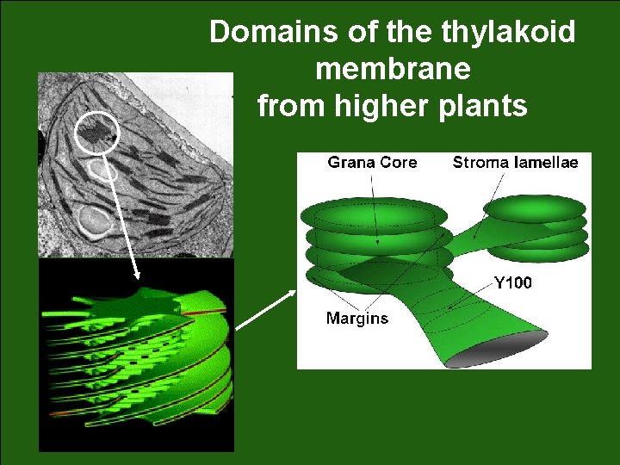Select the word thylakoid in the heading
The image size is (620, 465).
click(508, 33)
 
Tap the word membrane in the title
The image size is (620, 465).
click(393, 69)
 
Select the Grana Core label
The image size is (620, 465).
click(372, 163)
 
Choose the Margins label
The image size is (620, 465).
click(356, 319)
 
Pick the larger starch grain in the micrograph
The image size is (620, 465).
click(92, 220)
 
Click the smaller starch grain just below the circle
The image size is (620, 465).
click(104, 170)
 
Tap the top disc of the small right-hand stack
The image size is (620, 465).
click(535, 208)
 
